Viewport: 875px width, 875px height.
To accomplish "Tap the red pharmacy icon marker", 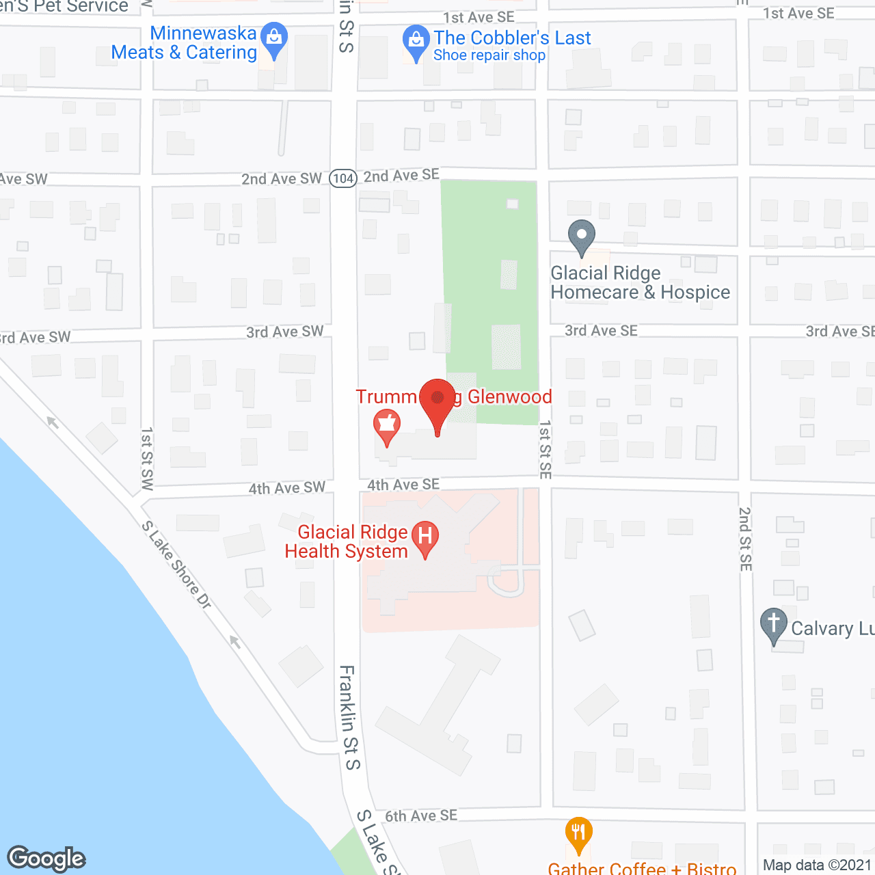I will coord(387,425).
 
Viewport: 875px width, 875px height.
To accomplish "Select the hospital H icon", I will coord(425,537).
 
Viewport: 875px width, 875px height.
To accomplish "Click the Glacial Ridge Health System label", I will coord(347,541).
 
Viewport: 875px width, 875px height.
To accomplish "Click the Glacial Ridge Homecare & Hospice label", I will coord(640,283).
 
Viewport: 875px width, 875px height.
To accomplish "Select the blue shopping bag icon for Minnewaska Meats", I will coord(274,39).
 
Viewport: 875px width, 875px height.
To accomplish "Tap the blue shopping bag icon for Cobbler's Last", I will coord(416,42).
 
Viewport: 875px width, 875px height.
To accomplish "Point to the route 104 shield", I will coord(343,178).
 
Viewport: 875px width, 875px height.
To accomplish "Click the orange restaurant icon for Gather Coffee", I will coord(579,833).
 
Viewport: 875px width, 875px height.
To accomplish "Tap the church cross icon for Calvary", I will coord(774,624).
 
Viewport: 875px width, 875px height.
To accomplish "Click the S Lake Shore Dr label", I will coord(176,565).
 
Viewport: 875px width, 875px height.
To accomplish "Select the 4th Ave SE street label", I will coord(403,485).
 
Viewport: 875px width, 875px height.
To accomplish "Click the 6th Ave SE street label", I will coord(421,816).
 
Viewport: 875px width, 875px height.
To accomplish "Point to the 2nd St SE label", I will coord(746,539).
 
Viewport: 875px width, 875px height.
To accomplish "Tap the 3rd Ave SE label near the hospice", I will coord(601,331).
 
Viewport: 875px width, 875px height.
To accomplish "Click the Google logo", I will coord(46,859).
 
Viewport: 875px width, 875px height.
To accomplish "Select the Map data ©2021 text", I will coord(818,865).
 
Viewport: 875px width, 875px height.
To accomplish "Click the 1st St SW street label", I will coord(147,459).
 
